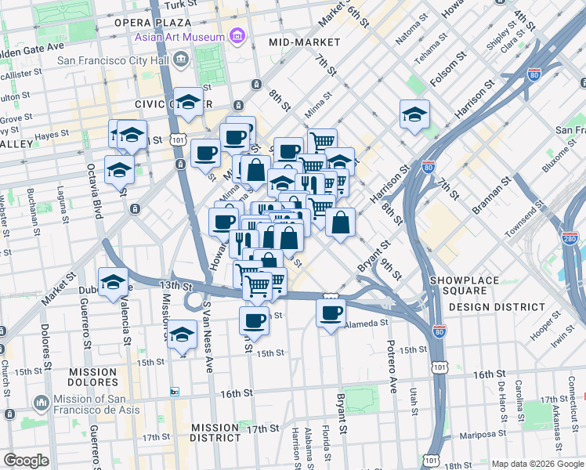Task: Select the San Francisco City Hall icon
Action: click(182, 60)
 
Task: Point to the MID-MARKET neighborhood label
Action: click(303, 42)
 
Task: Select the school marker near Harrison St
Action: click(414, 114)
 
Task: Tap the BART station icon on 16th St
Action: click(175, 391)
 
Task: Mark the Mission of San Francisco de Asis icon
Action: click(41, 403)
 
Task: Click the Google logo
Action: click(26, 461)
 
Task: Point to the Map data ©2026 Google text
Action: click(537, 464)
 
